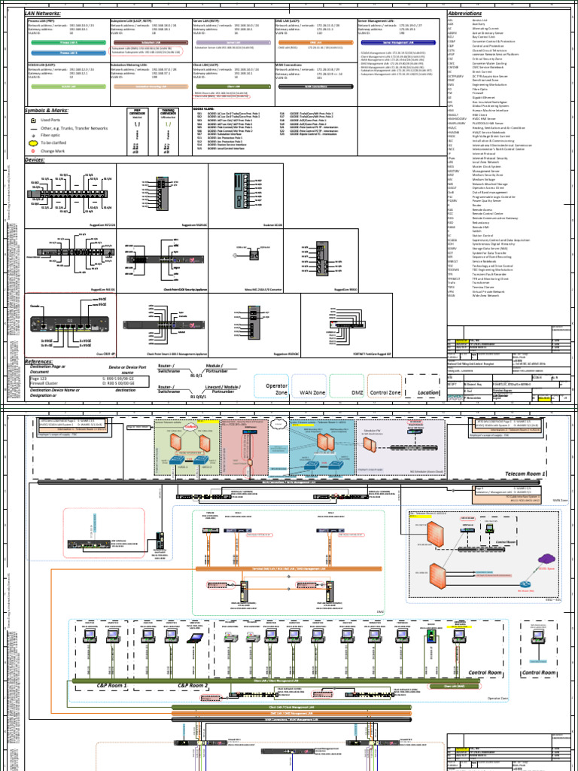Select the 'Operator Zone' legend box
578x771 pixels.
coord(276,389)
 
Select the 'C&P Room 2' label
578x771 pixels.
coord(190,685)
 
